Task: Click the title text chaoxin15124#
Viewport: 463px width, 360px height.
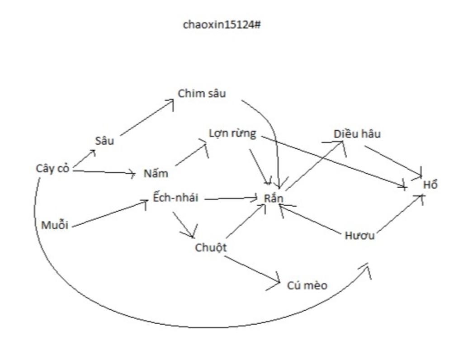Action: click(222, 24)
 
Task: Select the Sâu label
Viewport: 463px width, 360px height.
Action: click(104, 141)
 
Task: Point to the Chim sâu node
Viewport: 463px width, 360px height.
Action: click(202, 94)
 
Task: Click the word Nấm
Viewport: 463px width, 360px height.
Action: click(156, 174)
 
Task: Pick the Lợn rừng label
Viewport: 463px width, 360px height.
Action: click(232, 133)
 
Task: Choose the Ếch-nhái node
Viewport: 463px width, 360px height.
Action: click(175, 198)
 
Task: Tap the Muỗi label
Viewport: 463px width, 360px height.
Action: click(55, 225)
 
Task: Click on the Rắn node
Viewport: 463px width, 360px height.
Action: click(274, 199)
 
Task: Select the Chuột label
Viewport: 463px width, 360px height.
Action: click(211, 248)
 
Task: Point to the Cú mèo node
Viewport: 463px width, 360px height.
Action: click(307, 285)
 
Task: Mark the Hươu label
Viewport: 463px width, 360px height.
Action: click(359, 236)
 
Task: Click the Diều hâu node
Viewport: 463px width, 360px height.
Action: click(357, 134)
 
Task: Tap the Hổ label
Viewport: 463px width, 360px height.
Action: click(430, 185)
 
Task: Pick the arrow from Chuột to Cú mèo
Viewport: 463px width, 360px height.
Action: click(251, 270)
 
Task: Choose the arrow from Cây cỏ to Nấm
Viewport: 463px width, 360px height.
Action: click(104, 172)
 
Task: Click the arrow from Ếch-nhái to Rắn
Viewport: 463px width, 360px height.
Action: click(231, 198)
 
